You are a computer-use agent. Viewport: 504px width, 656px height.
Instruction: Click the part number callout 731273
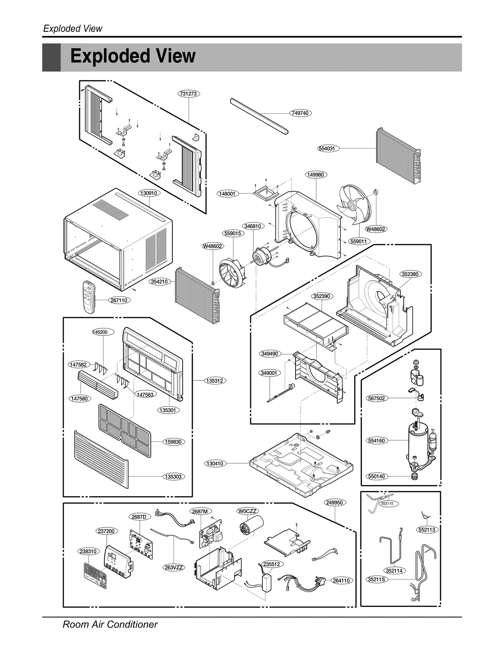click(x=189, y=94)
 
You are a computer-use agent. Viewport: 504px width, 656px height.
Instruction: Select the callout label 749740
click(x=300, y=113)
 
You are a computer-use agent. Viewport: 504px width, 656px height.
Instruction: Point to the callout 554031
click(x=328, y=148)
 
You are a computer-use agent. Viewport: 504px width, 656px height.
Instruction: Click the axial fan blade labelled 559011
click(x=353, y=205)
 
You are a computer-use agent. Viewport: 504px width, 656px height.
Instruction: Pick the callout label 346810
click(x=253, y=226)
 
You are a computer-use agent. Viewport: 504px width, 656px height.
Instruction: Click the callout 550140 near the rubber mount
click(x=376, y=476)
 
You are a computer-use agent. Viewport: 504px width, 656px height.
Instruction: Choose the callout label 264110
click(x=341, y=580)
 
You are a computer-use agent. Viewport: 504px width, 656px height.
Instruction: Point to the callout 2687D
click(x=139, y=517)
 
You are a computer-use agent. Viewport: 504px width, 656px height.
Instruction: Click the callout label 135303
click(x=173, y=476)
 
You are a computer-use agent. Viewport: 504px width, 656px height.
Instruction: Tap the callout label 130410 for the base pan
click(x=215, y=463)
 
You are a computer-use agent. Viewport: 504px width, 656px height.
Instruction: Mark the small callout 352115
click(x=387, y=504)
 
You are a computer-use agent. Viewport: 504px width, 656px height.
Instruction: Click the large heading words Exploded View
click(x=133, y=56)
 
